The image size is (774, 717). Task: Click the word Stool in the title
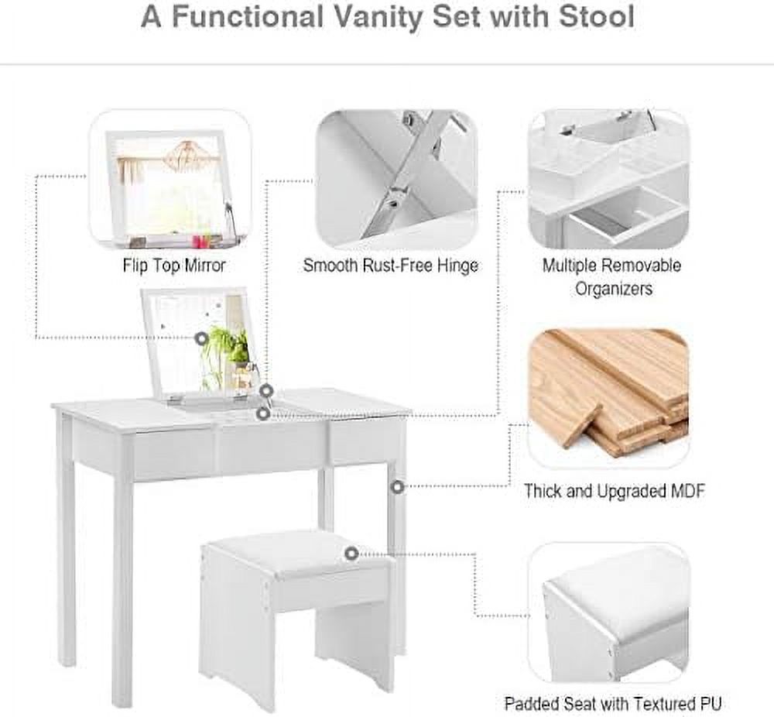pos(596,17)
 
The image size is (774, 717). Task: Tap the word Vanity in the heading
pos(377,18)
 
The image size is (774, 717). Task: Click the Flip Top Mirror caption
pos(173,266)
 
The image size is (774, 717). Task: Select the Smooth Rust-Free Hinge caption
pos(390,266)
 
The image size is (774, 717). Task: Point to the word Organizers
pos(614,289)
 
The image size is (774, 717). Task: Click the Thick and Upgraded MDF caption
pos(614,491)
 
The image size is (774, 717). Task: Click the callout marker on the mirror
pos(201,338)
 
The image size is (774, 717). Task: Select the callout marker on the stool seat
pos(351,554)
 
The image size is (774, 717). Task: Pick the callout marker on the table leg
pos(397,487)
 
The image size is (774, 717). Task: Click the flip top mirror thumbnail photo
pos(170,180)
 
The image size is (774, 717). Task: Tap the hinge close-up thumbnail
pos(396,180)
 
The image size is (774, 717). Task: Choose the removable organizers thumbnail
pos(608,180)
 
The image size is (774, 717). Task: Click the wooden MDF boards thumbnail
pos(608,398)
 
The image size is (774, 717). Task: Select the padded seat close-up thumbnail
pos(608,612)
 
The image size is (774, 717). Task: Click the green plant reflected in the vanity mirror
pos(227,345)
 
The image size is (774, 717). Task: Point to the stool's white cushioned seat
pos(296,555)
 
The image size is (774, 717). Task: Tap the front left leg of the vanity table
pos(123,578)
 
